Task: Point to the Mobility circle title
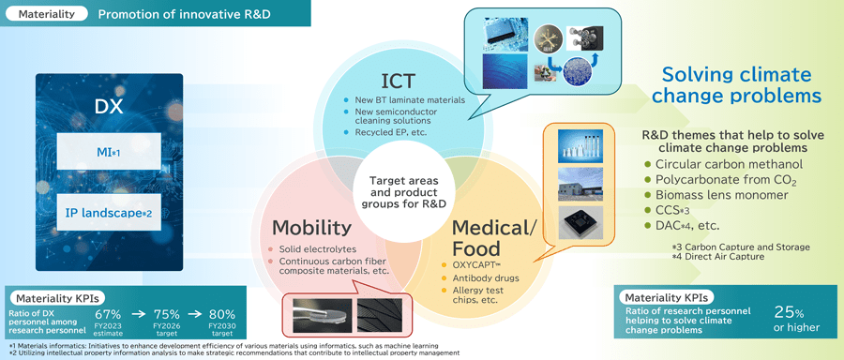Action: tap(313, 227)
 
